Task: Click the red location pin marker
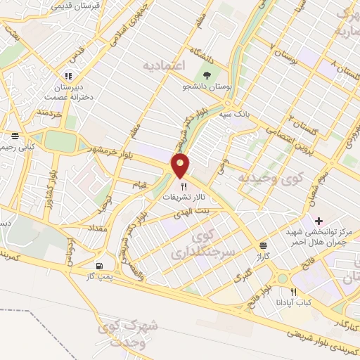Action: point(181,167)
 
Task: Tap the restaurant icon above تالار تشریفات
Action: point(184,186)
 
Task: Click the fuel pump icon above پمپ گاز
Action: point(98,266)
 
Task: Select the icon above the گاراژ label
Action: point(262,245)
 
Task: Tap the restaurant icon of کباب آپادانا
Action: point(294,291)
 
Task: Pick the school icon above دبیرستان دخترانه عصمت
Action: point(68,76)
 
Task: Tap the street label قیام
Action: point(140,184)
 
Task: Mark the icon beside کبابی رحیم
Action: point(15,136)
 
